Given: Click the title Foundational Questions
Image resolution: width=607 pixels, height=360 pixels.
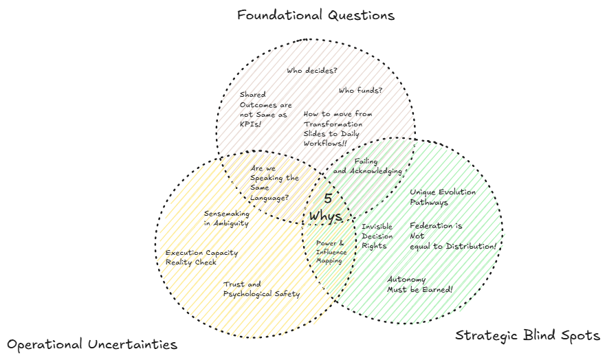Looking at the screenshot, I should click(x=316, y=14).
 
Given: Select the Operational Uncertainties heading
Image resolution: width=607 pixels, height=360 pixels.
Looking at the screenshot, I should click(x=92, y=344).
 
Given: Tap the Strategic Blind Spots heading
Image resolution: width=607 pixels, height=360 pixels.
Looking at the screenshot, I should click(x=528, y=335).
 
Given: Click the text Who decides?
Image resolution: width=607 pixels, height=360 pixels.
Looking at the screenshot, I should click(x=312, y=70).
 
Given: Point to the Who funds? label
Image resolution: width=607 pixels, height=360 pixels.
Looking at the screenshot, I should click(x=360, y=90).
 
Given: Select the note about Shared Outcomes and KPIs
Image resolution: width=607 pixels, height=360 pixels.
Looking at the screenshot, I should click(x=265, y=109).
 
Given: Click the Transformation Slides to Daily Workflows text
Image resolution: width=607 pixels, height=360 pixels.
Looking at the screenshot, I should click(x=337, y=128).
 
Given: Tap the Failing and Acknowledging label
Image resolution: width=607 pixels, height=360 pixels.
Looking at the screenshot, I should click(x=367, y=166).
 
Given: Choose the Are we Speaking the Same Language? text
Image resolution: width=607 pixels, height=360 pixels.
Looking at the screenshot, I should click(x=274, y=183).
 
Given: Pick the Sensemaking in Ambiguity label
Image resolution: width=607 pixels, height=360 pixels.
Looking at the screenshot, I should click(x=226, y=218).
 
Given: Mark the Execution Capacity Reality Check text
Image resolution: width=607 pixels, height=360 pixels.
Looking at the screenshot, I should click(x=201, y=257).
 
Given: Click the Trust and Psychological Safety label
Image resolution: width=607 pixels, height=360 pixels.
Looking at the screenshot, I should click(x=261, y=289).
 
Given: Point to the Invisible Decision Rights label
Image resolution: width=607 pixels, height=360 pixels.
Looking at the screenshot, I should click(x=377, y=236).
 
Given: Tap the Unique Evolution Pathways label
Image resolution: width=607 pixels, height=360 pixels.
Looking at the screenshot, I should click(x=443, y=197).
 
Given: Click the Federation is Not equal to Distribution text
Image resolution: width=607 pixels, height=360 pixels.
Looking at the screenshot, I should click(x=452, y=236).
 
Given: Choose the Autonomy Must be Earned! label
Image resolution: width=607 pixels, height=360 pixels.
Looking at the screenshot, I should click(x=419, y=284).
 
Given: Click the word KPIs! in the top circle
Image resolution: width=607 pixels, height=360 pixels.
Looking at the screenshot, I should click(x=250, y=125).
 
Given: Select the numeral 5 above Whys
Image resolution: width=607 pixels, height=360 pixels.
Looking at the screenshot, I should click(x=328, y=199).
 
